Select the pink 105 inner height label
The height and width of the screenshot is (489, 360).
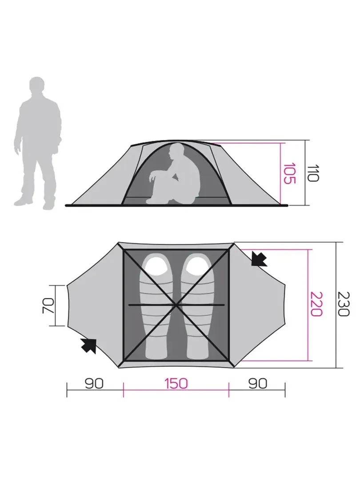289,173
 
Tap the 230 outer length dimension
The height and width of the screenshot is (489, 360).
344,304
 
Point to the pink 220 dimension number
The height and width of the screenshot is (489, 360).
316,304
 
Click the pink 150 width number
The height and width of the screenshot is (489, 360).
176,384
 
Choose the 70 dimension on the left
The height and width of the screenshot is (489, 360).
48,306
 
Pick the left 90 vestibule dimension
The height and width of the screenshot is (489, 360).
94,384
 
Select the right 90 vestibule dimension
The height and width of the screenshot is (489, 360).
258,384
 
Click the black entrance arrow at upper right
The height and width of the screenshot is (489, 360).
259,260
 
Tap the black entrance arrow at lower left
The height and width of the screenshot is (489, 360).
89,345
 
